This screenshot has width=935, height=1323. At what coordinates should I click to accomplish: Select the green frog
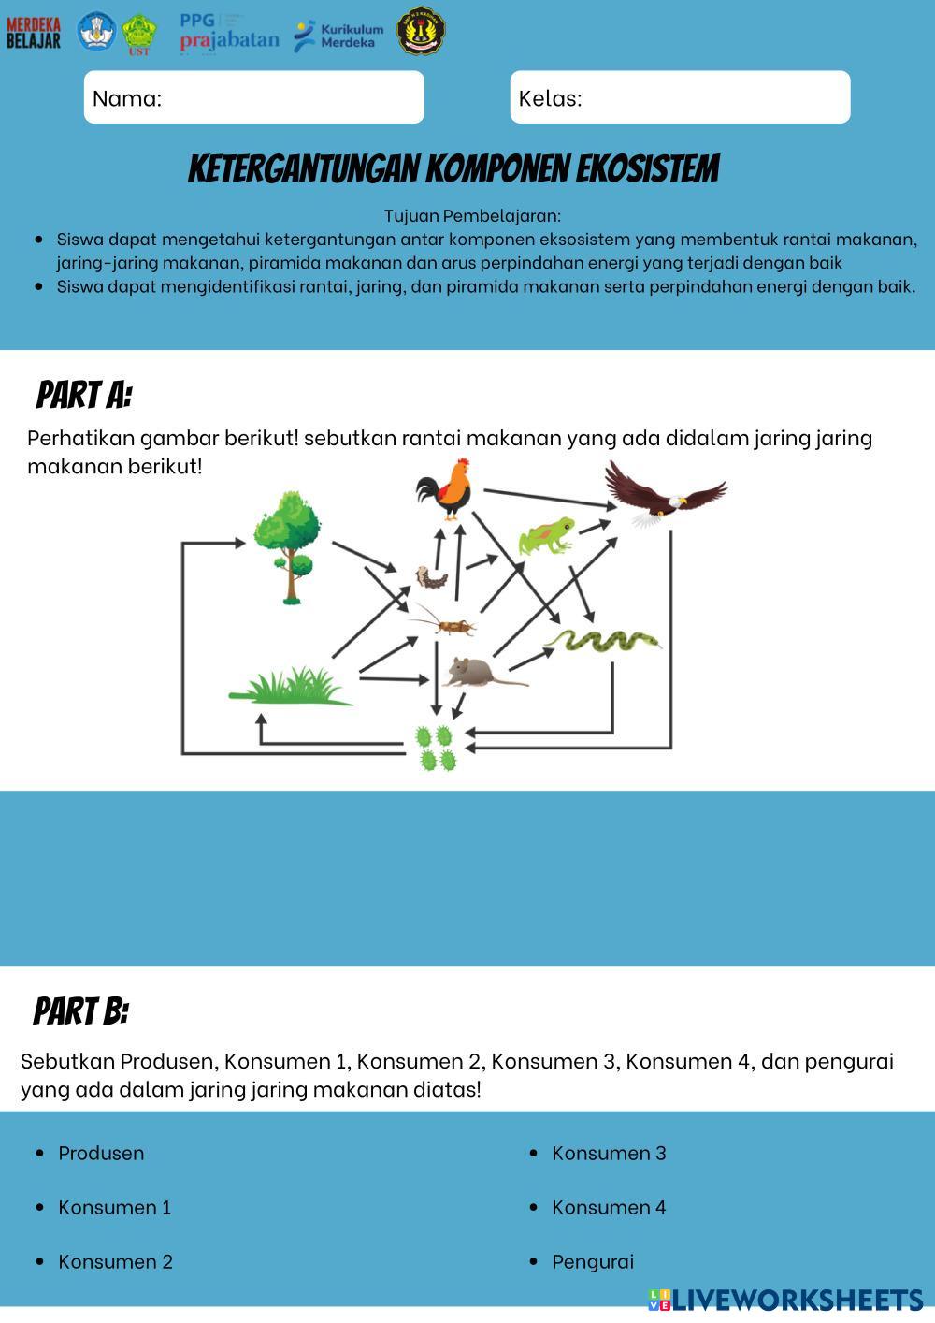[x=547, y=536]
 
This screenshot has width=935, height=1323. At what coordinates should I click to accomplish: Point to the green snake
[x=603, y=641]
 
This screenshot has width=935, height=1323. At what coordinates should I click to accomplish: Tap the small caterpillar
[x=431, y=578]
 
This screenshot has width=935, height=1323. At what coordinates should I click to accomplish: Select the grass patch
[x=291, y=688]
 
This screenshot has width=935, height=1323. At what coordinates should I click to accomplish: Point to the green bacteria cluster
[x=436, y=748]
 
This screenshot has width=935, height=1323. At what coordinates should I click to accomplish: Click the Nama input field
[x=254, y=97]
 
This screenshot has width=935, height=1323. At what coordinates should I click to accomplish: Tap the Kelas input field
[x=680, y=97]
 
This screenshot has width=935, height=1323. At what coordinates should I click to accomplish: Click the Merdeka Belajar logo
[x=34, y=32]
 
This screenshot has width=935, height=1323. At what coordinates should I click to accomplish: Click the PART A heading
[x=84, y=396]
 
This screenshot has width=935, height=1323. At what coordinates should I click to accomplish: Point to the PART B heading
[x=81, y=1011]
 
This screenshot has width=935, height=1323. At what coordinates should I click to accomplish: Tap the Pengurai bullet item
[x=593, y=1261]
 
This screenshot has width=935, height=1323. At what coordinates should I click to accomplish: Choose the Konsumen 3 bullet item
[x=609, y=1153]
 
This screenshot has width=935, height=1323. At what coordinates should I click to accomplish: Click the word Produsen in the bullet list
[x=101, y=1153]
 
